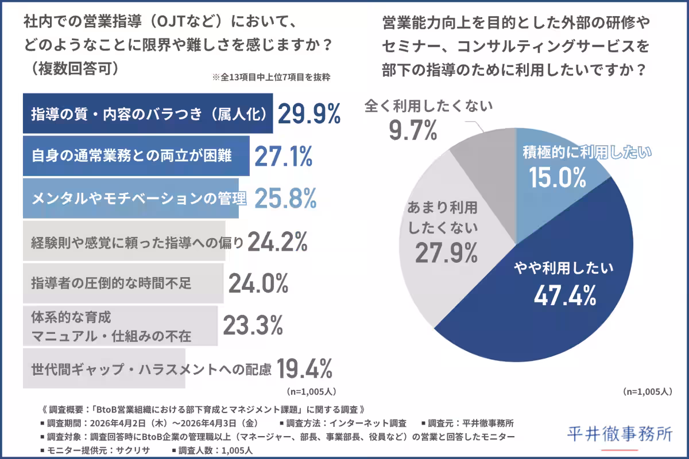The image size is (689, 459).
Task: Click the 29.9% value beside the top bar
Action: pyautogui.click(x=309, y=115)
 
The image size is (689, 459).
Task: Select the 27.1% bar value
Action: pyautogui.click(x=283, y=156)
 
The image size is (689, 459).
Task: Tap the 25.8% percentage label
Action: pyautogui.click(x=285, y=198)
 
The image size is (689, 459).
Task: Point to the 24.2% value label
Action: pyautogui.click(x=277, y=242)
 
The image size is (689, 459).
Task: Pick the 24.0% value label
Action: pyautogui.click(x=258, y=283)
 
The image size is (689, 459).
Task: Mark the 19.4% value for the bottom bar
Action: pyautogui.click(x=304, y=369)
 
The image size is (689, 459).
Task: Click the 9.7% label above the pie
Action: pyautogui.click(x=413, y=131)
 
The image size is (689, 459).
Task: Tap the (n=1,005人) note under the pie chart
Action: pyautogui.click(x=647, y=392)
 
